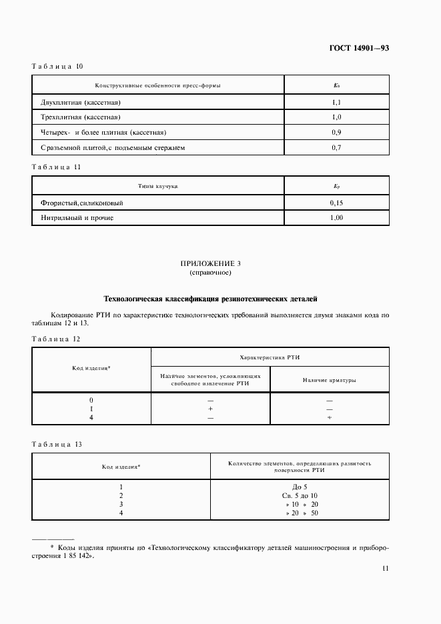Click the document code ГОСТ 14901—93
pos(359,49)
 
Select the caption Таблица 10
pos(57,66)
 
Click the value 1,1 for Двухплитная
pos(336,103)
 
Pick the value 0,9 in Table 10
pos(336,132)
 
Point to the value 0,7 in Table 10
pos(336,147)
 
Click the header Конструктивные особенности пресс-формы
pos(158,85)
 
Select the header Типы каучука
pos(158,186)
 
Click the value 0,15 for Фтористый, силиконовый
pos(336,203)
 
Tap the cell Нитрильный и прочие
pos(77,217)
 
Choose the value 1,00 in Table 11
pos(336,217)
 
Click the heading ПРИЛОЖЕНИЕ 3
pos(210,265)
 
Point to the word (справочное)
pos(210,273)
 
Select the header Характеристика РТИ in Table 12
pos(270,357)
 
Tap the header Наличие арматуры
pos(329,380)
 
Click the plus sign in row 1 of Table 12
pos(210,408)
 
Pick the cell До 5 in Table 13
pos(300,487)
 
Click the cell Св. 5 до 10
pos(300,495)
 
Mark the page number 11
pos(385,568)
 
